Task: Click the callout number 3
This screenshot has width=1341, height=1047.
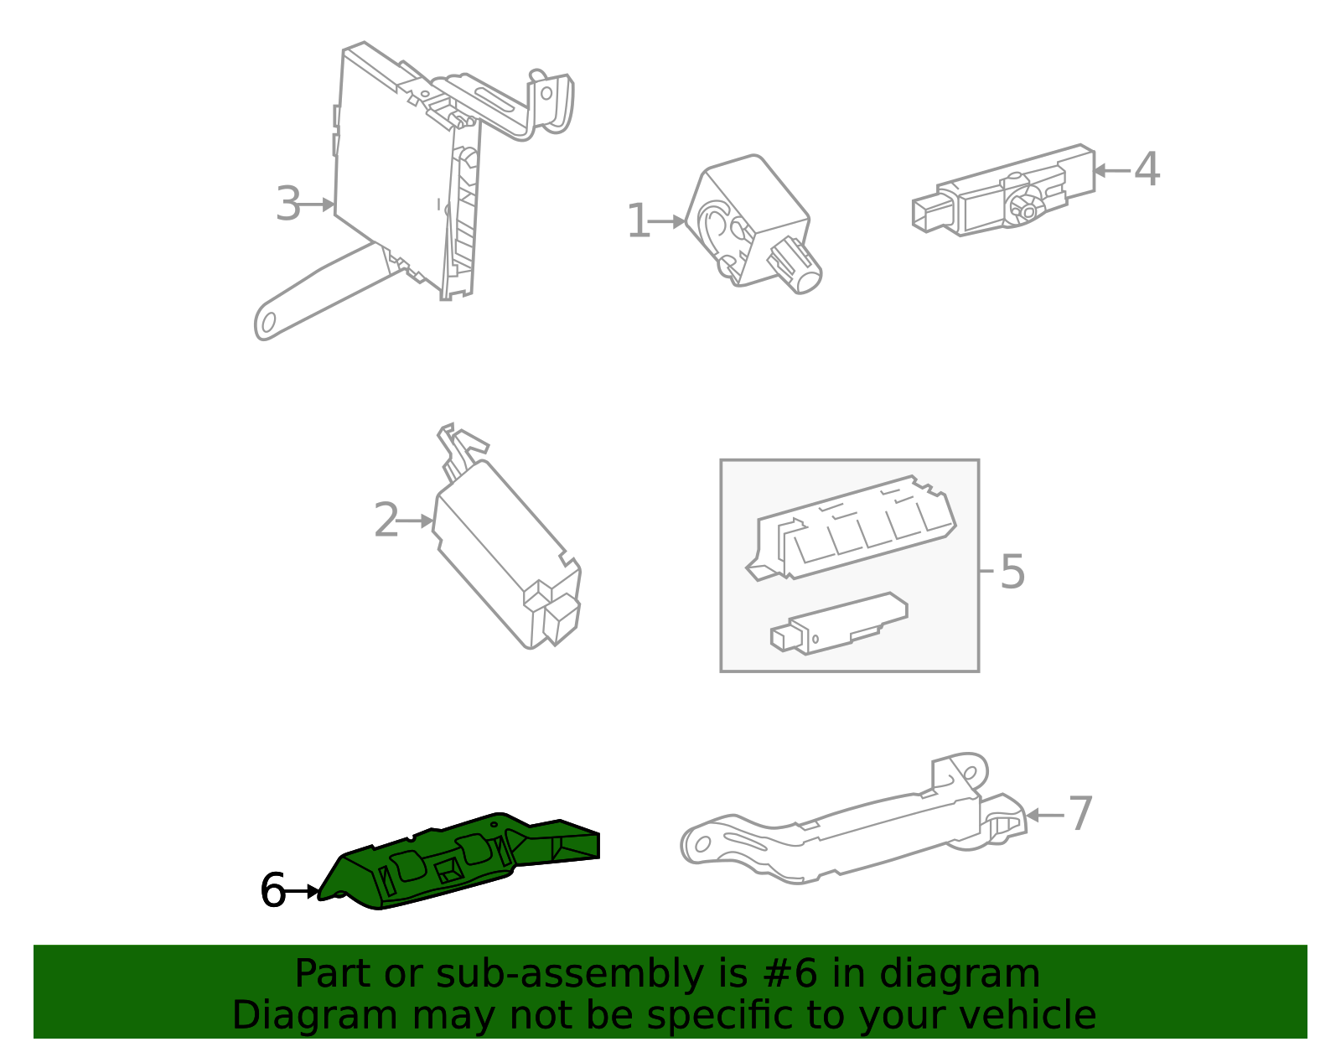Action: tap(287, 205)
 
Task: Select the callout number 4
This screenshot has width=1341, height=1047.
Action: tap(1147, 169)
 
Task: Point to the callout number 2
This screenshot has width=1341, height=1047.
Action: tap(386, 521)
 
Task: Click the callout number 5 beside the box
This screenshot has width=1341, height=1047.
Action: tap(1012, 572)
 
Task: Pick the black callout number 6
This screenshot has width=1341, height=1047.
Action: tap(272, 890)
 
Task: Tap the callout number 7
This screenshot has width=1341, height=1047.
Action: tap(1080, 814)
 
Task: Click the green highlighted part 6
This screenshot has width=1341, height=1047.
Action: tap(453, 863)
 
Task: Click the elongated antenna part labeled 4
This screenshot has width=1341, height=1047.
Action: tap(1006, 191)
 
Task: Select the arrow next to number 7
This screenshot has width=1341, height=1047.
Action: tap(1044, 815)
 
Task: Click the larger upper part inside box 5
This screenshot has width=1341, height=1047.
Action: tap(851, 528)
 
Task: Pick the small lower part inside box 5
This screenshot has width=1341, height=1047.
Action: tap(838, 625)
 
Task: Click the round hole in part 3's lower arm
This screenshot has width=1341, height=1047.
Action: tap(268, 323)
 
